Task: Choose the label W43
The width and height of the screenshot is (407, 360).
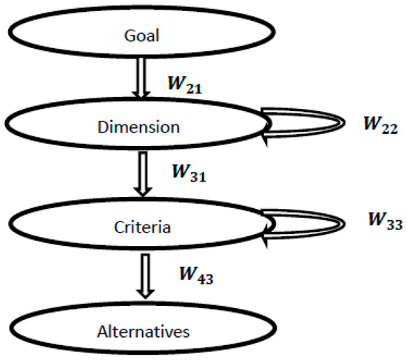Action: click(196, 276)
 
